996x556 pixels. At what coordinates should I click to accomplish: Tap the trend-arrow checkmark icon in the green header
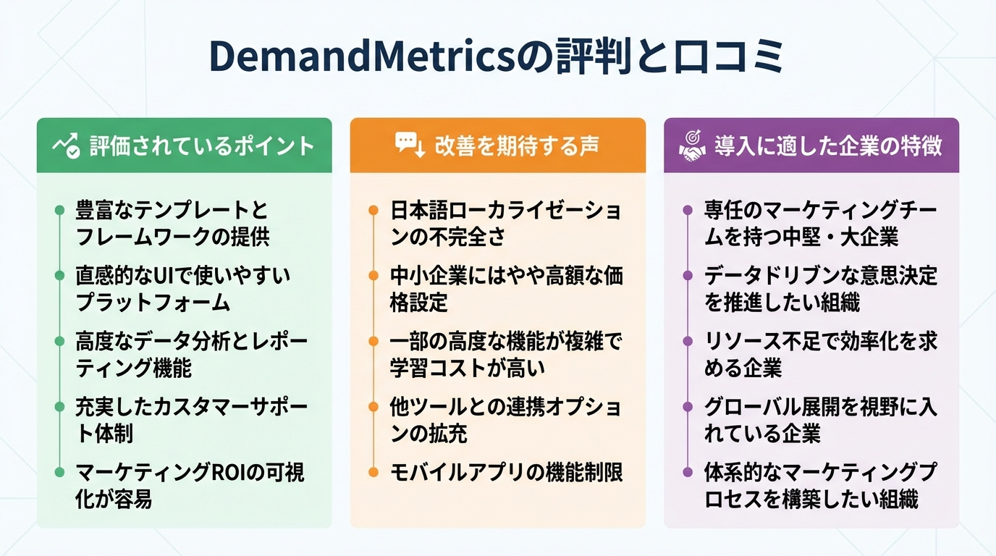pos(66,145)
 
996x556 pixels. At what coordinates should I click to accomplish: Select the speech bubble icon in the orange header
pos(409,144)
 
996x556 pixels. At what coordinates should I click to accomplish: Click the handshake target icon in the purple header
pos(692,145)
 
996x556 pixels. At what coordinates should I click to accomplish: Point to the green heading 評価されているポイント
pos(202,146)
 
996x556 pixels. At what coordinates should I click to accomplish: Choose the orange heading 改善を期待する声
pos(516,146)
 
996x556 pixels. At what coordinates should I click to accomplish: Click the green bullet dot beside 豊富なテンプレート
pos(59,211)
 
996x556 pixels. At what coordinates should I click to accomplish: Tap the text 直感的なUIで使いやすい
pos(182,276)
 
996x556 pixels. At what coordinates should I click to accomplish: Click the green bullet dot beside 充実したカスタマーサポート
pos(59,407)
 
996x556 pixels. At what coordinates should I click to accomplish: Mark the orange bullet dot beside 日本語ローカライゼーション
pos(373,211)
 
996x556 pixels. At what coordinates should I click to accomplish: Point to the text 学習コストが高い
pos(467,368)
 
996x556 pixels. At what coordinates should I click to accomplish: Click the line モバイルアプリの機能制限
pos(506,473)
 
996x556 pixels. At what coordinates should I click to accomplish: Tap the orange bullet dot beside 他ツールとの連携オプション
pos(373,407)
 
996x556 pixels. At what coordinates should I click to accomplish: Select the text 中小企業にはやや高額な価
pos(506,276)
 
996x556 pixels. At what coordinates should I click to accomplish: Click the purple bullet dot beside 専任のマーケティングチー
pos(688,211)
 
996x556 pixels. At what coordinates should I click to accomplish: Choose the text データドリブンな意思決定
pos(820,276)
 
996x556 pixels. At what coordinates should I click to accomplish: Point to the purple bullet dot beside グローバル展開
pos(688,407)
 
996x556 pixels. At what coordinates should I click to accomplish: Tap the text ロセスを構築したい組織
pos(811,500)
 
